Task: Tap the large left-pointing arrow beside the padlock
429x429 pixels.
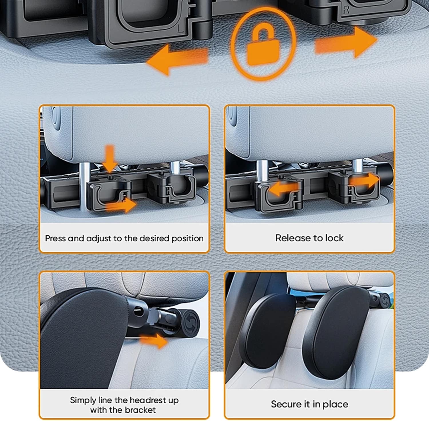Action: click(177, 61)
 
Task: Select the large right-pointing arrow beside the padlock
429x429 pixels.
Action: click(346, 42)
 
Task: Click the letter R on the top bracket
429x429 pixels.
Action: click(346, 11)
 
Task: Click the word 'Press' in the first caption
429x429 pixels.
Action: click(55, 238)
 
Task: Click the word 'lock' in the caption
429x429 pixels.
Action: click(334, 238)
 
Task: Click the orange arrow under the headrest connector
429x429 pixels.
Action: click(153, 340)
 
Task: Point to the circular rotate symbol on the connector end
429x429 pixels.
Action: click(189, 321)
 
